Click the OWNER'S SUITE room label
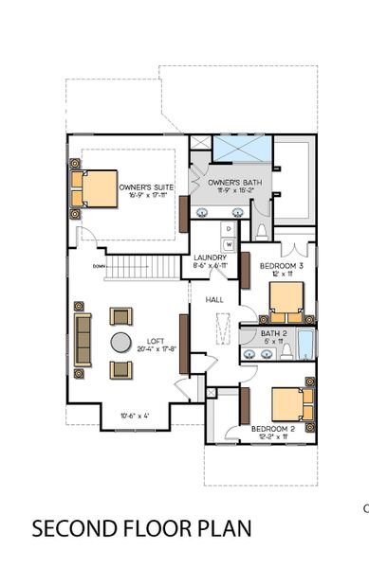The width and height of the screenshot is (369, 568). coord(146,188)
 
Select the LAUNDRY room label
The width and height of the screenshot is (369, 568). coord(209,257)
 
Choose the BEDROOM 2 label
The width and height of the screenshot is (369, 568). coord(274,429)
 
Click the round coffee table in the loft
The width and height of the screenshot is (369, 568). coord(121,343)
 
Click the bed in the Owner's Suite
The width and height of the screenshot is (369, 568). coord(96,188)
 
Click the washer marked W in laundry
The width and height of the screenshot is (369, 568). coord(229,243)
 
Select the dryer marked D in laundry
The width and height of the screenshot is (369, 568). coord(229,229)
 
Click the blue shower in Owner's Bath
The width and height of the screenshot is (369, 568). coord(242,149)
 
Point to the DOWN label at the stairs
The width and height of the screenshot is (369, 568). coord(99,266)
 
